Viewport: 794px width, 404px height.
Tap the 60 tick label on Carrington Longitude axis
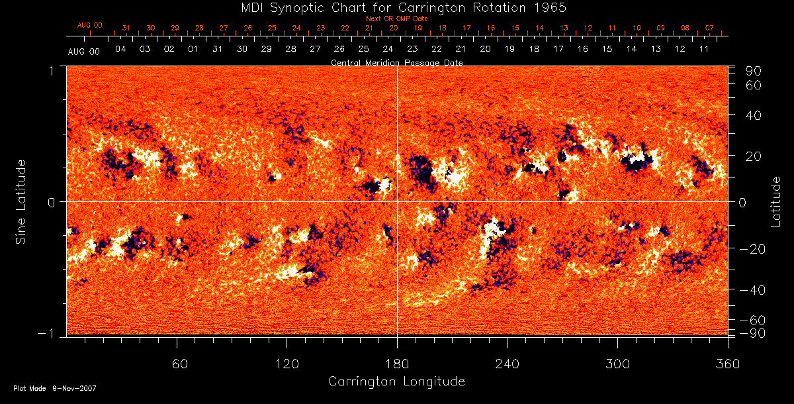(x=179, y=364)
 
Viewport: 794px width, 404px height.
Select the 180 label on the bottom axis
(x=397, y=364)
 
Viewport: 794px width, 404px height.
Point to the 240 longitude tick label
(x=507, y=364)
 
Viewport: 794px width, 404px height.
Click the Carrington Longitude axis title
(x=396, y=381)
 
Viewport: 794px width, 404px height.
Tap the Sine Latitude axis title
(x=21, y=201)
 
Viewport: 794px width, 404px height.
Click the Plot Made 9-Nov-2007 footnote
(x=55, y=388)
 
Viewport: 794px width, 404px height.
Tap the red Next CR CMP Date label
(x=396, y=19)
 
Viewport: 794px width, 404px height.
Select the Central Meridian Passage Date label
(x=396, y=62)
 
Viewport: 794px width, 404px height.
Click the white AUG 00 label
(x=84, y=51)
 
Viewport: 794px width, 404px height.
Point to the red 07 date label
(x=709, y=28)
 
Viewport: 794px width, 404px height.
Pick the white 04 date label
(x=120, y=50)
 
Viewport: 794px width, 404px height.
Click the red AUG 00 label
(x=90, y=25)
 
